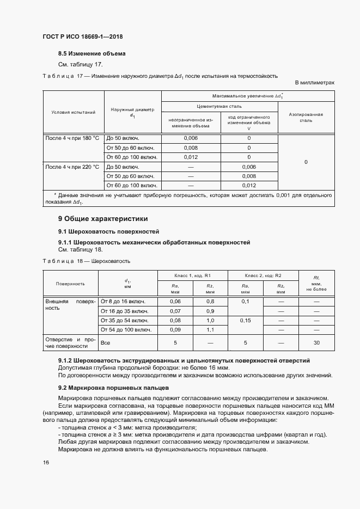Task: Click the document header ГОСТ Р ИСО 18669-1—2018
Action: pyautogui.click(x=82, y=36)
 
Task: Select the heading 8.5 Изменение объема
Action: pyautogui.click(x=92, y=54)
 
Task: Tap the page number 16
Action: pyautogui.click(x=46, y=462)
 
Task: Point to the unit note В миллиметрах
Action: pyautogui.click(x=314, y=82)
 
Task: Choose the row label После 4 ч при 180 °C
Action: pyautogui.click(x=73, y=138)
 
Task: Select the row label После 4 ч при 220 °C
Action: pyautogui.click(x=73, y=167)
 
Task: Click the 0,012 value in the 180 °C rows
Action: pyautogui.click(x=191, y=157)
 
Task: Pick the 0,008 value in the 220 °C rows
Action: pyautogui.click(x=248, y=176)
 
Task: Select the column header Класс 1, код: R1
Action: pyautogui.click(x=192, y=275)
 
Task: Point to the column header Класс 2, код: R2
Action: pyautogui.click(x=263, y=275)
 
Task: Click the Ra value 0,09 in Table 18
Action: pyautogui.click(x=175, y=329)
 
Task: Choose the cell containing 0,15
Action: pyautogui.click(x=246, y=321)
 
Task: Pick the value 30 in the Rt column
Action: pyautogui.click(x=316, y=343)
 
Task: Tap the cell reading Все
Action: pyautogui.click(x=106, y=343)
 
